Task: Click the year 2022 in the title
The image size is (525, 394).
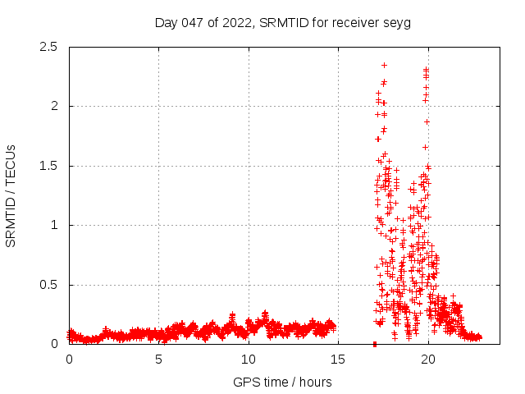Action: (238, 22)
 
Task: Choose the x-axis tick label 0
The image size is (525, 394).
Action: (69, 360)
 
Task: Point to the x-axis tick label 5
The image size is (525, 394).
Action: (158, 360)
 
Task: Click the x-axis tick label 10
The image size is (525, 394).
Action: (248, 360)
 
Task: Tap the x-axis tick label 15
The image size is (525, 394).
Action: (337, 360)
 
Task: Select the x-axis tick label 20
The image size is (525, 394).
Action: (427, 360)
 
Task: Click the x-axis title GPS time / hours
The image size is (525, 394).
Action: (283, 382)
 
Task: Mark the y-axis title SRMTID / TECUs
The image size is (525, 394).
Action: (11, 195)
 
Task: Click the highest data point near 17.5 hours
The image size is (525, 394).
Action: (384, 65)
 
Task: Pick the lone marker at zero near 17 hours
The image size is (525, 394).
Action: (374, 344)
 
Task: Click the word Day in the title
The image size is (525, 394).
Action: (167, 22)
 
